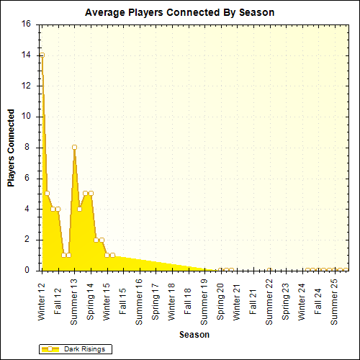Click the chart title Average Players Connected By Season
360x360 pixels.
click(x=179, y=13)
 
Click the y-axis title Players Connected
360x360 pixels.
click(x=12, y=148)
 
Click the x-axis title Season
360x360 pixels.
click(x=194, y=335)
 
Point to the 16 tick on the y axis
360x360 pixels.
click(x=26, y=24)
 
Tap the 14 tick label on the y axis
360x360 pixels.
click(x=26, y=55)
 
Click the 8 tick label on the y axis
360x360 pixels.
click(x=28, y=147)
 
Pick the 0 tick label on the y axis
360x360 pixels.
click(x=28, y=270)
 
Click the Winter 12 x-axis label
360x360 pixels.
click(x=42, y=300)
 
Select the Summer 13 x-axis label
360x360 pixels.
click(x=74, y=298)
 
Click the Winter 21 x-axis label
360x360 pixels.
click(x=237, y=300)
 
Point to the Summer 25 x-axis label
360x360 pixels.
click(x=334, y=298)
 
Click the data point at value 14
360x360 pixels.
click(x=42, y=55)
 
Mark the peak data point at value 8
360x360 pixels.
click(x=74, y=147)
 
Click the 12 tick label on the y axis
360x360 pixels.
click(x=26, y=86)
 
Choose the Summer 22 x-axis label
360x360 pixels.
click(x=269, y=298)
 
